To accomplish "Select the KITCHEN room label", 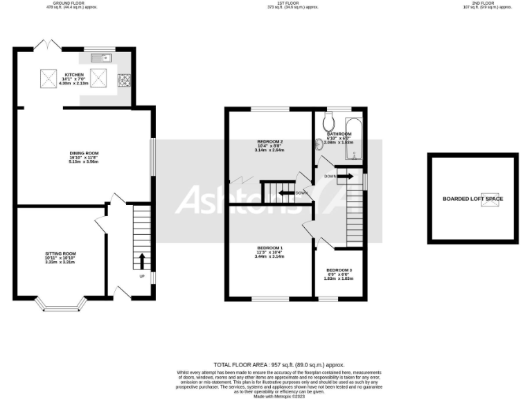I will [x=74, y=75].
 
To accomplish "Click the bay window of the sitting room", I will [x=60, y=303].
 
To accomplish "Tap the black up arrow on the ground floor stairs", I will [x=142, y=260].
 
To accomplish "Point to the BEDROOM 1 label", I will [x=269, y=248].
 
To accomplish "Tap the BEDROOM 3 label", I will [x=339, y=269].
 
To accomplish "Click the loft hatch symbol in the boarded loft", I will [x=492, y=197].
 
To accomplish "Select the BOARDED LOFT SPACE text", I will [x=473, y=199].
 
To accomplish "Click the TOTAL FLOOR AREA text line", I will [x=279, y=364].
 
